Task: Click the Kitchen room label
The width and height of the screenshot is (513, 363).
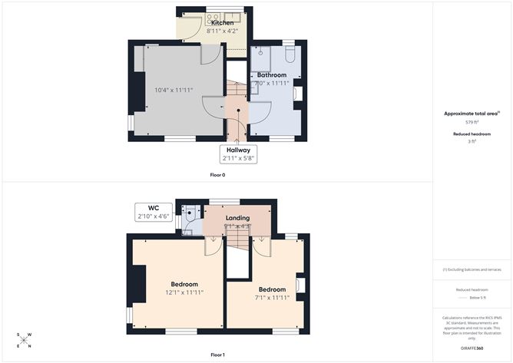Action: [x=223, y=23]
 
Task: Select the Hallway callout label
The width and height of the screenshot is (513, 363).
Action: [x=237, y=150]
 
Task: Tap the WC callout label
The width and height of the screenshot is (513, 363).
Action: [x=154, y=208]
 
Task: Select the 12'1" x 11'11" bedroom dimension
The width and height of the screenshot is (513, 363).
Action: [x=184, y=292]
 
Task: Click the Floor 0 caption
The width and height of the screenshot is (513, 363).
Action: [x=217, y=175]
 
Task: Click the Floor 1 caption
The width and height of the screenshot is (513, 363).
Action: [x=217, y=355]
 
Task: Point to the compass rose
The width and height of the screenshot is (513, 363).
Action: [x=24, y=340]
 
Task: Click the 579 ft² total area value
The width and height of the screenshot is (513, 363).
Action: [x=472, y=122]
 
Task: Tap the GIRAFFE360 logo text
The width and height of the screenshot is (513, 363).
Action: [x=472, y=348]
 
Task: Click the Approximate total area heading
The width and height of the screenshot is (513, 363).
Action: [x=471, y=114]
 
